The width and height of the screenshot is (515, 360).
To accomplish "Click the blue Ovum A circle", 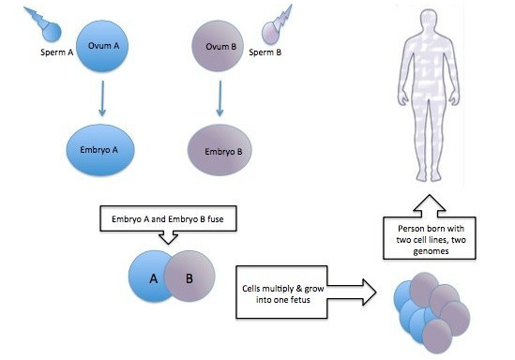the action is [x=102, y=46].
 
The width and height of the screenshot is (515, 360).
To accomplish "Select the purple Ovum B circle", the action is [x=218, y=46].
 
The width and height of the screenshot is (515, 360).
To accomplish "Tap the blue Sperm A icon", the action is [x=44, y=24].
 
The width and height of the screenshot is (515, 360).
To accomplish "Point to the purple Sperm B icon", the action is [x=277, y=25].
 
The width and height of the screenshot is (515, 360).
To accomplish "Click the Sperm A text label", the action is [x=57, y=52].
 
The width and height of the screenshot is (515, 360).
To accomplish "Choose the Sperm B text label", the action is [x=265, y=52].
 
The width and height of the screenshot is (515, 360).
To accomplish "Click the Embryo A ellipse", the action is [x=100, y=150].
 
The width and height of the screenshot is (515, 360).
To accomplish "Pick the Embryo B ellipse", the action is [x=220, y=150].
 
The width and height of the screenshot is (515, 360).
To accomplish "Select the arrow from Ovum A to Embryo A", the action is [x=102, y=98].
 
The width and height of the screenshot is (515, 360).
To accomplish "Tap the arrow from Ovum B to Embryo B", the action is [x=220, y=98].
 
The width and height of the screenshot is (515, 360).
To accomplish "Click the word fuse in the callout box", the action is [x=216, y=218].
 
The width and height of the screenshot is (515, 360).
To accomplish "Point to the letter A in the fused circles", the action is [x=154, y=278].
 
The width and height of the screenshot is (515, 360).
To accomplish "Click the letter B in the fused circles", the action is [x=189, y=278].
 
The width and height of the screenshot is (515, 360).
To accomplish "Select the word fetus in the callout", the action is [x=299, y=300].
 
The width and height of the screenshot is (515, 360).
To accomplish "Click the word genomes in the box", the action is [x=431, y=251].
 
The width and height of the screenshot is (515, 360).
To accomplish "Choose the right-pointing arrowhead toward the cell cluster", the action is [x=370, y=292].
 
